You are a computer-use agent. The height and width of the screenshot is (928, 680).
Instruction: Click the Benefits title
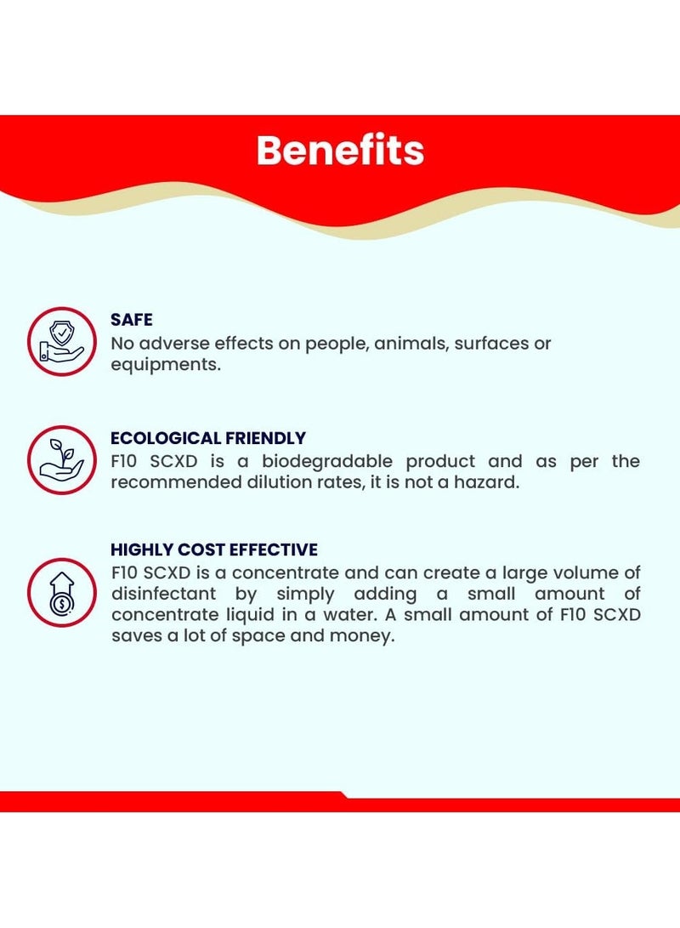[340, 151]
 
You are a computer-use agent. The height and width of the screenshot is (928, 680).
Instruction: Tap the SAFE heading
[131, 320]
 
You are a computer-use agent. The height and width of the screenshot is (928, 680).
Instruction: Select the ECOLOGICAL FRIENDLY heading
[208, 438]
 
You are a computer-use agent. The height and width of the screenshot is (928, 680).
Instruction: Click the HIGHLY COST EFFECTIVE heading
[214, 549]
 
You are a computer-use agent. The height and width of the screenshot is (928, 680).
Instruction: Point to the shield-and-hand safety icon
[61, 341]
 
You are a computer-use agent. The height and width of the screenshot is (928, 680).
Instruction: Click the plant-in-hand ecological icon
[61, 460]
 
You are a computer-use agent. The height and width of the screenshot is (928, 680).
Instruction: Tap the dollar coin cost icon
[61, 592]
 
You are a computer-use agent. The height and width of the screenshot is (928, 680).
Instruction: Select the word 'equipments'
[164, 365]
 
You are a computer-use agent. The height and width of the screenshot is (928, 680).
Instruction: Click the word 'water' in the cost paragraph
[348, 615]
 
